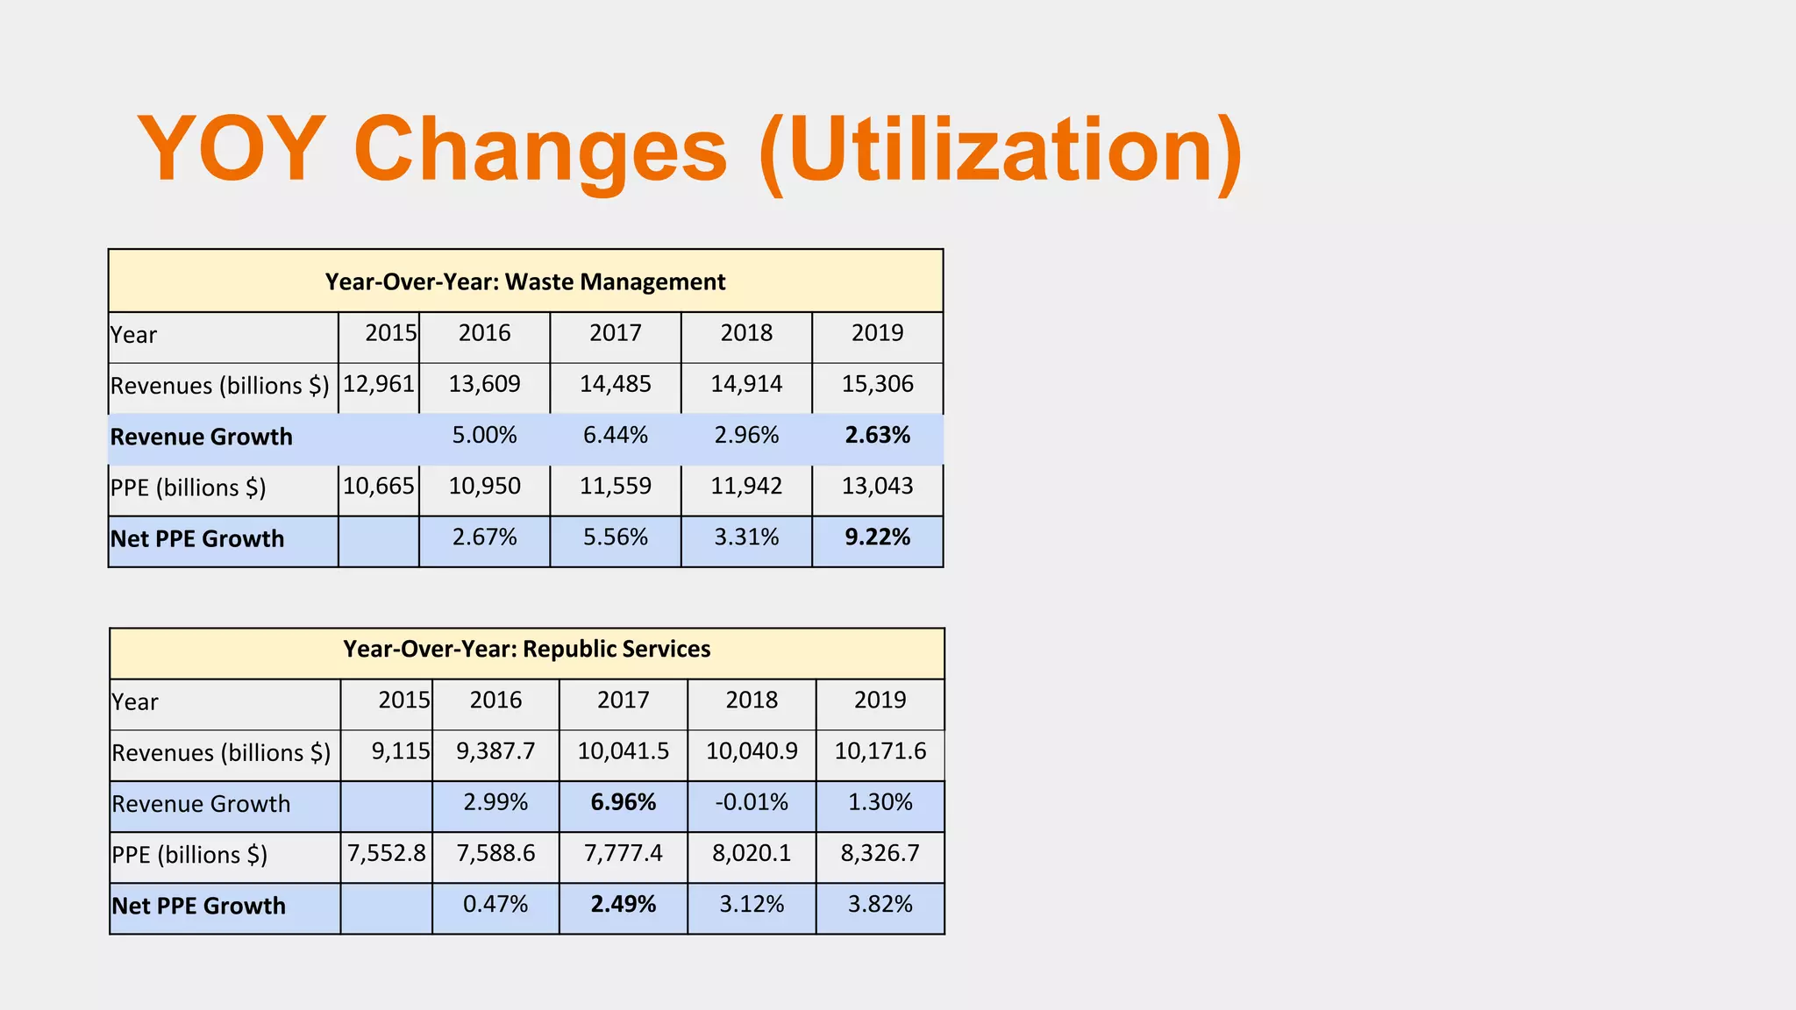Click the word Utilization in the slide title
[1000, 151]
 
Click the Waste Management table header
[524, 281]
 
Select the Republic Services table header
[526, 649]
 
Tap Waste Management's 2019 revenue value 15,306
[877, 384]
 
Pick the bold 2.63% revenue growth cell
[877, 436]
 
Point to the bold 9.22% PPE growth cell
[877, 537]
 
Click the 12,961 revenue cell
[379, 384]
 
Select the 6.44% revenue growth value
[615, 436]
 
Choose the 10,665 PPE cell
[379, 487]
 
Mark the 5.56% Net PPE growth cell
[615, 537]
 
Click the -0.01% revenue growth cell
[752, 802]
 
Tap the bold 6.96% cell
[623, 802]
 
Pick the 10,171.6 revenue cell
[880, 751]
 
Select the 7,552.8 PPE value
[387, 853]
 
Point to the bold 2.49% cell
[623, 904]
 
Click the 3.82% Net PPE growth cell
[880, 904]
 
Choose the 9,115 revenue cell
[401, 751]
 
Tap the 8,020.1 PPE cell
[752, 853]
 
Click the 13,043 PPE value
[877, 487]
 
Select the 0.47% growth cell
[495, 904]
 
